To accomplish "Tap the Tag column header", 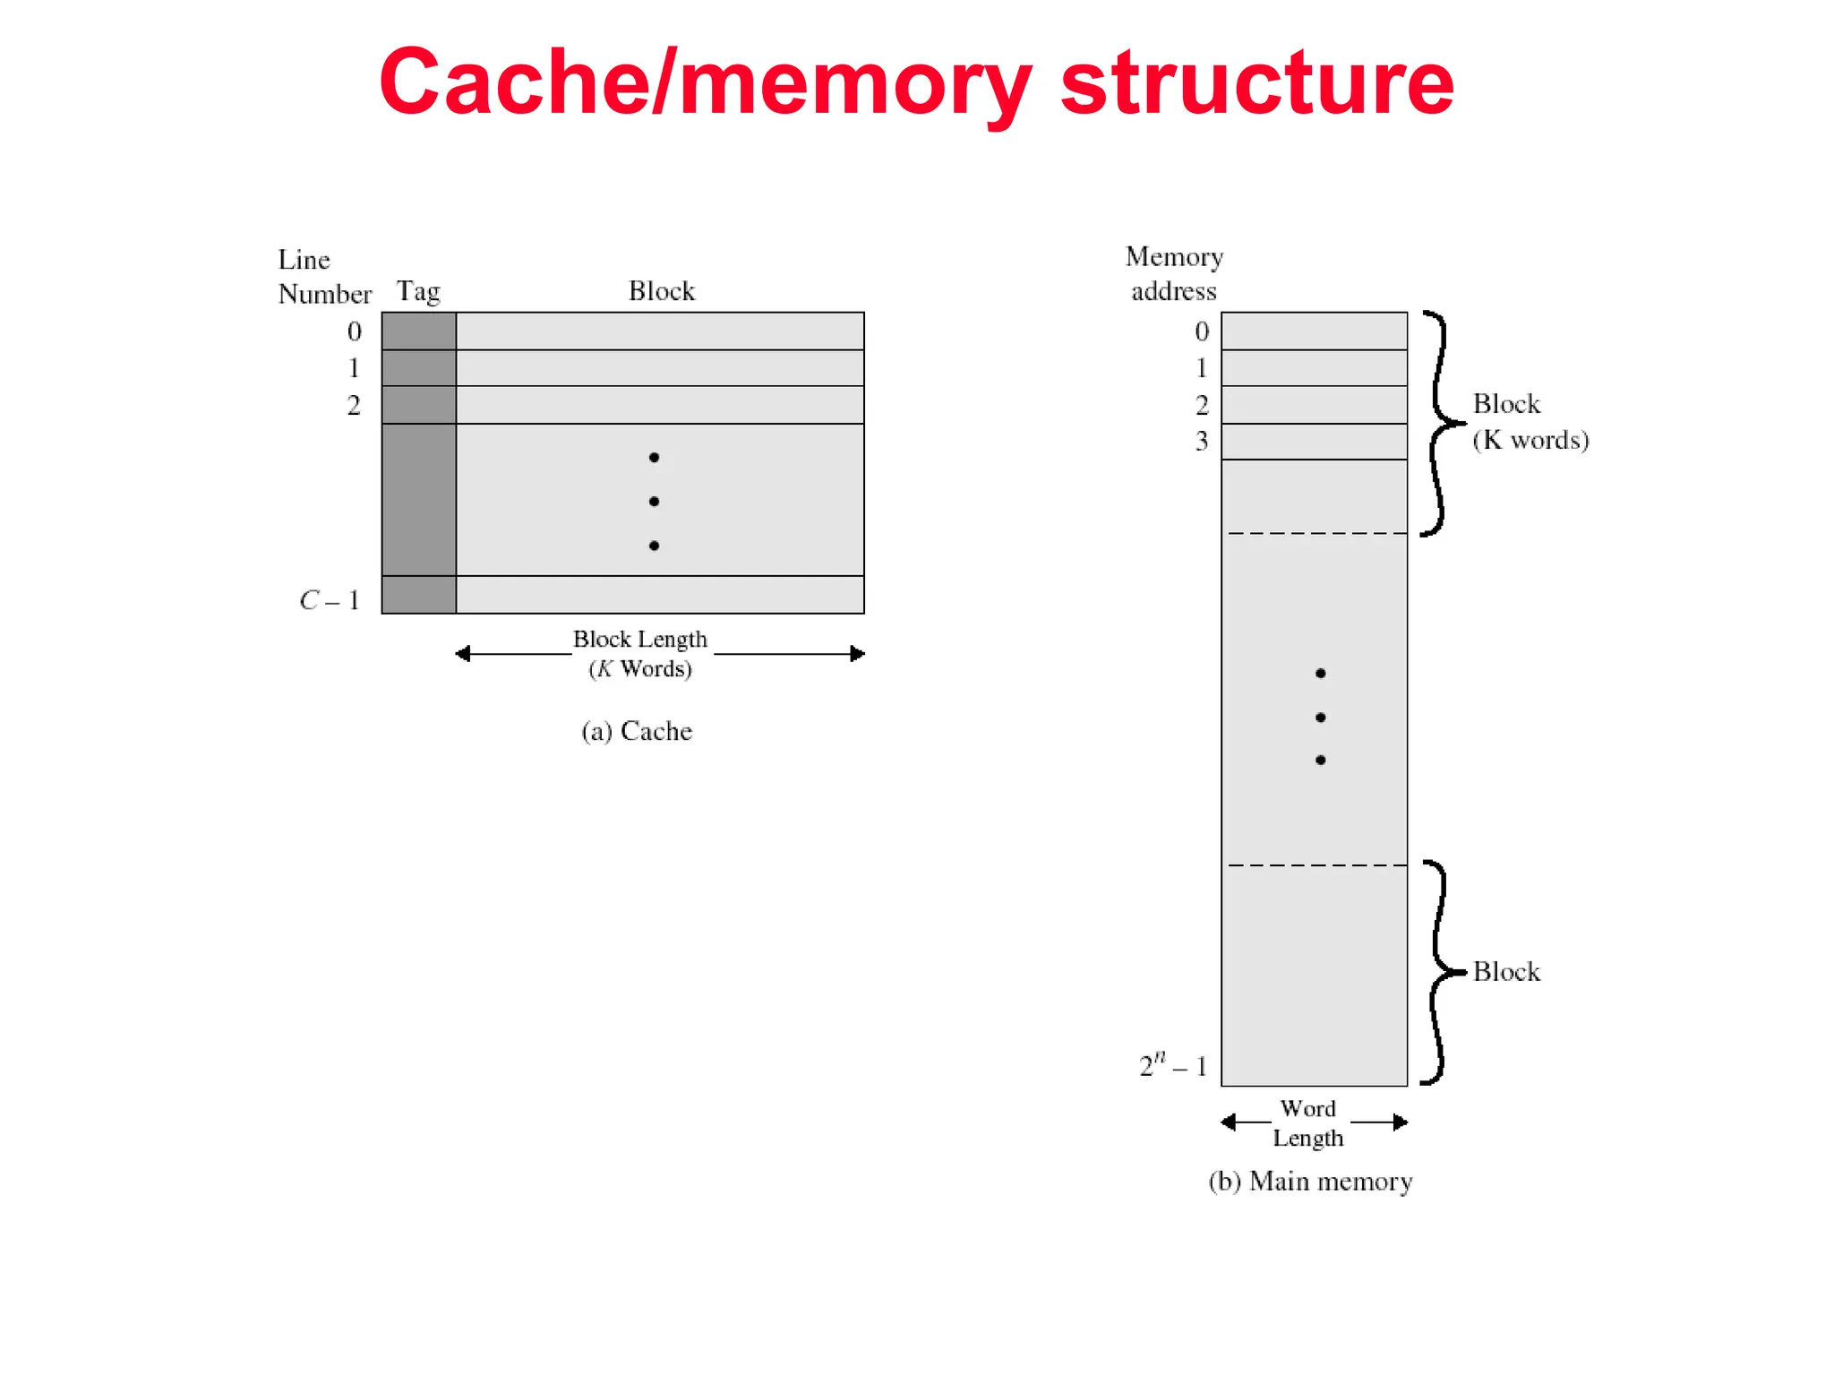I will point(418,291).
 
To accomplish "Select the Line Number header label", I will point(323,277).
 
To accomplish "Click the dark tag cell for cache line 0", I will point(418,331).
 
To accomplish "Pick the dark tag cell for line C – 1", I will point(418,595).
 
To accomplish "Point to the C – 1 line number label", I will point(330,600).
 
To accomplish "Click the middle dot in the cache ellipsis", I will point(654,502).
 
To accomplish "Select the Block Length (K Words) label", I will point(639,653).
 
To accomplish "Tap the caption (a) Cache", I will point(636,731).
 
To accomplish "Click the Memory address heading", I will point(1174,274).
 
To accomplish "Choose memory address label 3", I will point(1202,441).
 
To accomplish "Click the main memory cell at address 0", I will point(1314,331).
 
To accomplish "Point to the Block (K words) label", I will point(1530,422).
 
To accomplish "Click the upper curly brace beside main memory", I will point(1439,423).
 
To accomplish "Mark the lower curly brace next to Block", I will point(1439,972).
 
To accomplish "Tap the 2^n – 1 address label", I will point(1173,1065).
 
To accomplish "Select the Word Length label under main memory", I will point(1308,1123).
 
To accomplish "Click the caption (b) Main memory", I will point(1310,1182).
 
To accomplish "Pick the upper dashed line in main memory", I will point(1316,534).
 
